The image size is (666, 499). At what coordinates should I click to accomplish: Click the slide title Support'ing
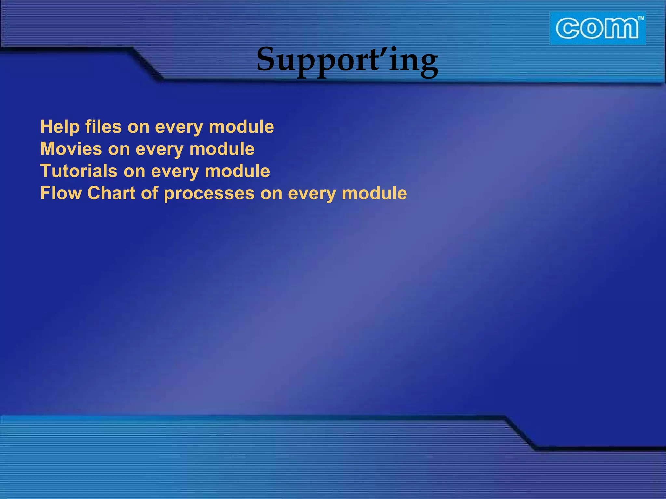347,60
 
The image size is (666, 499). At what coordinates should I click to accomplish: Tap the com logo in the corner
597,29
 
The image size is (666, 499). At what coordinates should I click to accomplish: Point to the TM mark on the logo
640,19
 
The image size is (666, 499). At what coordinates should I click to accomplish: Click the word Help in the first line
60,127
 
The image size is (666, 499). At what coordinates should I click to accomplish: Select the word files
103,127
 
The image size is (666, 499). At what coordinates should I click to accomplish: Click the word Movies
71,149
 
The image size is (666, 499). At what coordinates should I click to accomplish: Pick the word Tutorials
79,171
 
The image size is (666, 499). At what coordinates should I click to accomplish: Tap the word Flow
61,193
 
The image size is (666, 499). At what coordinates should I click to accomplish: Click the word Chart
111,193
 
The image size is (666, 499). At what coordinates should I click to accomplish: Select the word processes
209,194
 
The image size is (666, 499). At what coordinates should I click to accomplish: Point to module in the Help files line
241,127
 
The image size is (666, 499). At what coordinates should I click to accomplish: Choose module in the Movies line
222,149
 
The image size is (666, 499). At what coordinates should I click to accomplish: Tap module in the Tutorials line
237,171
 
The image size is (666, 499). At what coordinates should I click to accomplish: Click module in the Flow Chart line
374,193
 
